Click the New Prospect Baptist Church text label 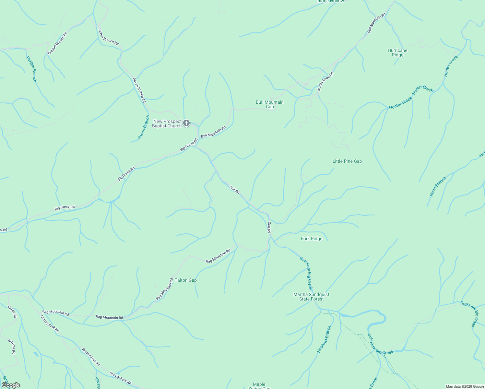tap(167, 124)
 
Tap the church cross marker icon tap(186, 123)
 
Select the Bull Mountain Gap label tap(270, 104)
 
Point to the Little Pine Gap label tap(347, 161)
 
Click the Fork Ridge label tap(312, 239)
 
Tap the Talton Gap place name tap(186, 280)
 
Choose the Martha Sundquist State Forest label tap(311, 297)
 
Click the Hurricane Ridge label tap(397, 53)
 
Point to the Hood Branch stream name tap(438, 187)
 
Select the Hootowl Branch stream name tap(324, 339)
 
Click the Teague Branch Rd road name tap(57, 43)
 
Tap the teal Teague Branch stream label tap(31, 69)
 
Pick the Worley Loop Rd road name tap(325, 82)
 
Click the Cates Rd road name tap(12, 311)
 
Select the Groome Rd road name tap(11, 347)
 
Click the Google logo tap(11, 385)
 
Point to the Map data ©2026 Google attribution tap(465, 386)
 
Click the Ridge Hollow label tap(330, 1)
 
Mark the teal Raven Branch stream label tap(144, 127)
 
